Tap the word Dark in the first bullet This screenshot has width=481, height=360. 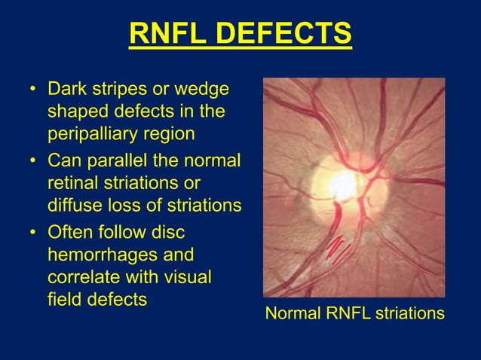click(65, 90)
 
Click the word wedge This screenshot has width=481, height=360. click(202, 90)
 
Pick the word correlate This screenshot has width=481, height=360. click(80, 276)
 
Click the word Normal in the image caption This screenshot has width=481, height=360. click(293, 313)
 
